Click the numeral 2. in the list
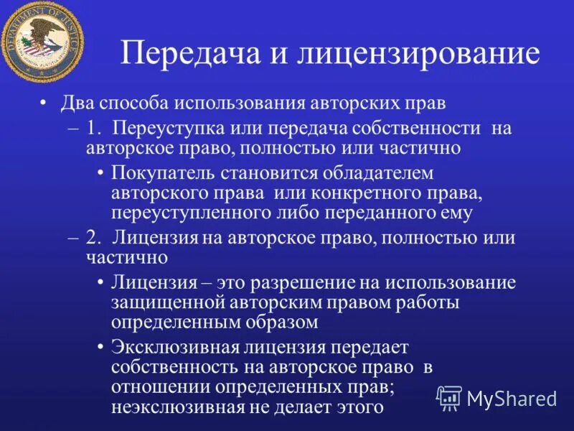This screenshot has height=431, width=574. point(95,238)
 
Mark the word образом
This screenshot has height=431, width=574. point(281,322)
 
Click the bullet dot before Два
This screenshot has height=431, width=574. point(45,103)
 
